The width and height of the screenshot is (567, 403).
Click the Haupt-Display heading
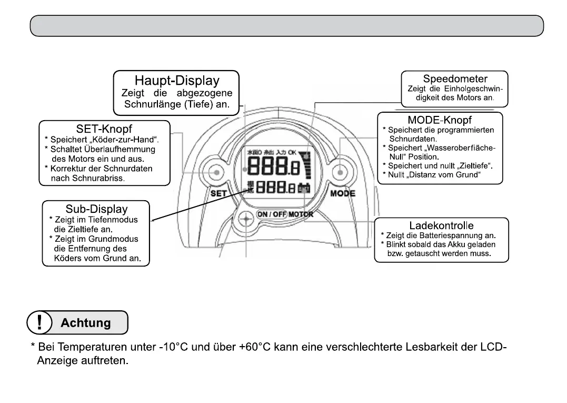click(177, 81)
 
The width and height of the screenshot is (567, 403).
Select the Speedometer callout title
click(455, 78)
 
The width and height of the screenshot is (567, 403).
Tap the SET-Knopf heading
click(104, 129)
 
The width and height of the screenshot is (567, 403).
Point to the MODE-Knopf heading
click(440, 120)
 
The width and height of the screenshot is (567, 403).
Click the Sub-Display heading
click(96, 209)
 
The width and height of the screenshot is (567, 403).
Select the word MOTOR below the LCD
click(301, 214)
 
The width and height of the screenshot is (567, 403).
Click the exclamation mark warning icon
click(40, 322)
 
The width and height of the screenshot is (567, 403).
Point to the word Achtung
click(86, 323)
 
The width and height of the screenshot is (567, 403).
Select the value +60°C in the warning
click(256, 347)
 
